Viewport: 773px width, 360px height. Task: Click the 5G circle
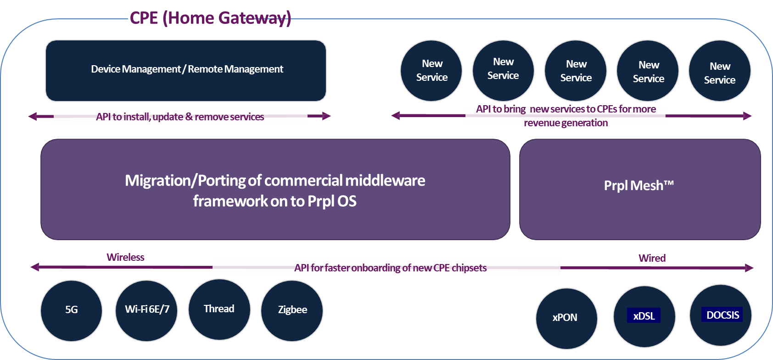(x=71, y=310)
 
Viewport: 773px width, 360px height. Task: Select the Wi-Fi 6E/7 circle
(x=146, y=310)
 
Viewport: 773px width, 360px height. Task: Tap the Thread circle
(x=219, y=309)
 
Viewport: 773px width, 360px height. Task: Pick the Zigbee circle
(x=292, y=310)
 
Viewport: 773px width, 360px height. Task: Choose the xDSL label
(x=644, y=316)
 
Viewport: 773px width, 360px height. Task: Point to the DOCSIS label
(x=722, y=315)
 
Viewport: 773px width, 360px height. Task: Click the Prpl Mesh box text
(x=639, y=186)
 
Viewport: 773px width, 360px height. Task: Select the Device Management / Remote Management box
(x=186, y=70)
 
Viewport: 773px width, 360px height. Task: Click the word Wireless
(x=125, y=257)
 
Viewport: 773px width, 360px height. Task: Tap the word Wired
(x=652, y=258)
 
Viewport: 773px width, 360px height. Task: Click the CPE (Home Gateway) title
(x=210, y=18)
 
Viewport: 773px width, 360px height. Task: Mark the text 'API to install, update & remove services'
(x=180, y=117)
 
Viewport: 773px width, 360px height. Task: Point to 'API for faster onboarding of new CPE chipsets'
(x=390, y=268)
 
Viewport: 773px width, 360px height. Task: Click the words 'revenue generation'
(x=566, y=123)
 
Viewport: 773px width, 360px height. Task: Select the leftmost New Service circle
(x=431, y=71)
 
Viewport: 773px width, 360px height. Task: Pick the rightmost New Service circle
(x=719, y=72)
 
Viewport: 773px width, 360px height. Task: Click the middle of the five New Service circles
(x=576, y=71)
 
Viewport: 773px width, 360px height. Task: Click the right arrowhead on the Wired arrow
(x=749, y=268)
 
